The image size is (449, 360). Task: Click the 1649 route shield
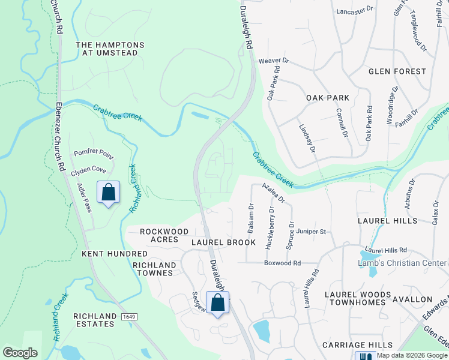pyautogui.click(x=127, y=316)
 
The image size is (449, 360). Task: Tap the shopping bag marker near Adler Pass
pyautogui.click(x=108, y=193)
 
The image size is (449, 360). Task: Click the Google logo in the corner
pyautogui.click(x=20, y=353)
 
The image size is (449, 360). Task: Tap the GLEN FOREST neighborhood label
pyautogui.click(x=397, y=71)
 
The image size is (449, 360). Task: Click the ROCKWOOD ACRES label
pyautogui.click(x=159, y=235)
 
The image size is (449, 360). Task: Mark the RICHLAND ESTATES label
pyautogui.click(x=94, y=320)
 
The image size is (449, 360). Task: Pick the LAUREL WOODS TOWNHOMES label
pyautogui.click(x=355, y=298)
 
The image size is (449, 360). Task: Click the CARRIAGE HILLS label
pyautogui.click(x=357, y=345)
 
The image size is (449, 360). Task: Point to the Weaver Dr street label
pyautogui.click(x=274, y=61)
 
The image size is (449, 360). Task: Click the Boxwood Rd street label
pyautogui.click(x=282, y=263)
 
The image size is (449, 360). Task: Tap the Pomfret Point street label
pyautogui.click(x=94, y=154)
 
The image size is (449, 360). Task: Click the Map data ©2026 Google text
pyautogui.click(x=411, y=355)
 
